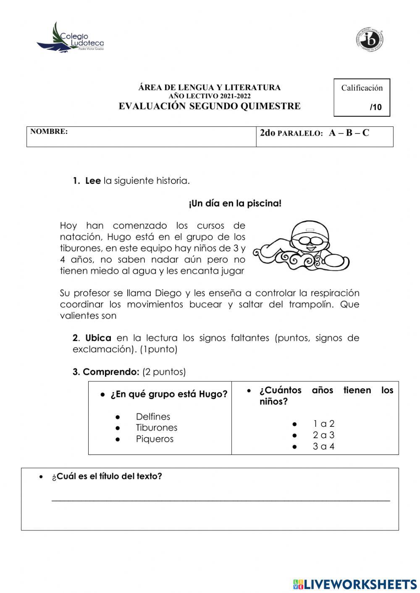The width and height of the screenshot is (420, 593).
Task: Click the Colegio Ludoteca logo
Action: click(71, 38)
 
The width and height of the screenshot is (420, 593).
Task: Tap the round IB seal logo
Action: click(370, 40)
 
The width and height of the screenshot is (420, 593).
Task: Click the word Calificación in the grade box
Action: click(362, 88)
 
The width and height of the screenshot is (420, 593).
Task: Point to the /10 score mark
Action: click(375, 107)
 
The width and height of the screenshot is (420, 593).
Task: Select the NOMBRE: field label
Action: click(49, 131)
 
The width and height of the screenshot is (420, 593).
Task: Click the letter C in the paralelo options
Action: click(366, 133)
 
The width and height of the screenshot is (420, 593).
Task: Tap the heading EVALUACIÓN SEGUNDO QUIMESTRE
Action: click(209, 106)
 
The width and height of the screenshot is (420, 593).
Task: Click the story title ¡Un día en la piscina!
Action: click(235, 204)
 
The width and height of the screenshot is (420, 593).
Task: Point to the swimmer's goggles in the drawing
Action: click(309, 240)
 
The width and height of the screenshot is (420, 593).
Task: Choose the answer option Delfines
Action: click(153, 417)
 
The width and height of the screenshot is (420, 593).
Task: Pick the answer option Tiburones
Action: click(156, 428)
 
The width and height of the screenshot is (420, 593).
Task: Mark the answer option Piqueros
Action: click(155, 439)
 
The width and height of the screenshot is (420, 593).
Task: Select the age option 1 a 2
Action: click(323, 424)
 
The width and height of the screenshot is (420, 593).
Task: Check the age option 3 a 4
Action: click(323, 447)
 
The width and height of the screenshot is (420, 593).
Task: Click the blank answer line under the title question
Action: click(220, 499)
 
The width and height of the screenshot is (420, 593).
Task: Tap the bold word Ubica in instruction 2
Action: click(98, 338)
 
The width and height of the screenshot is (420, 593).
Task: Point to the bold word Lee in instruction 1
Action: click(93, 181)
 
